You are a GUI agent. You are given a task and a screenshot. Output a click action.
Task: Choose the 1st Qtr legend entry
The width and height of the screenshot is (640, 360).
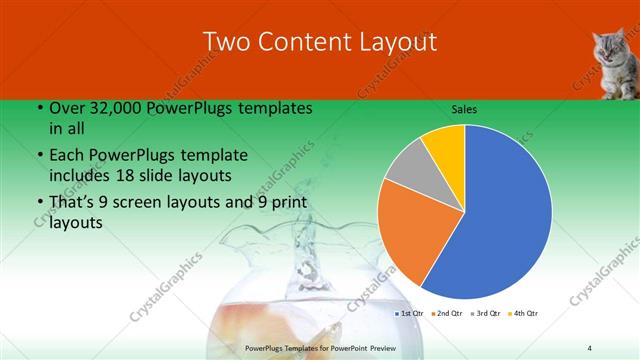click(409, 314)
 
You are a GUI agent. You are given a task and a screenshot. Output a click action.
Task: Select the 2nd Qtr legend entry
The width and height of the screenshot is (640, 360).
click(446, 314)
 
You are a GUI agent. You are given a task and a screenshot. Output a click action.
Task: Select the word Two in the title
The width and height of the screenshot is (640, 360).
click(226, 41)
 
